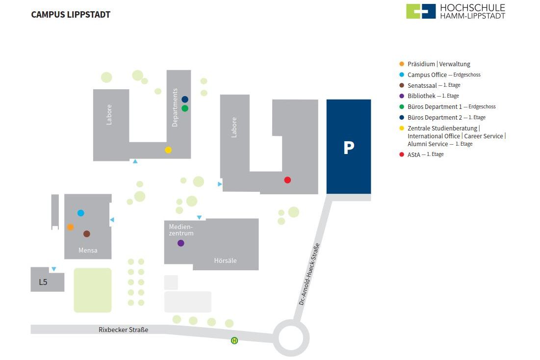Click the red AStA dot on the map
(287, 180)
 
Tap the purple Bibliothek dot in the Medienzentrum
(181, 243)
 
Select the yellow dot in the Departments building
(168, 150)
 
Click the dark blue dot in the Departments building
(185, 100)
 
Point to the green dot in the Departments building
(185, 108)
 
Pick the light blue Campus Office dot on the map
(81, 213)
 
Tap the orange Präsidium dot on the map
(70, 227)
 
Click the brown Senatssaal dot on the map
(87, 234)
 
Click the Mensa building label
(88, 251)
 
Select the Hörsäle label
(226, 261)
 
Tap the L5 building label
(43, 282)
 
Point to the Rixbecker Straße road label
(123, 330)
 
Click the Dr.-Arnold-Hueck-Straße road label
(309, 274)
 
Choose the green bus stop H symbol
(234, 340)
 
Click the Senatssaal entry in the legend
(422, 85)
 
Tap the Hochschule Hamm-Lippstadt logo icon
(421, 11)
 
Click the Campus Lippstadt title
(71, 15)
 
